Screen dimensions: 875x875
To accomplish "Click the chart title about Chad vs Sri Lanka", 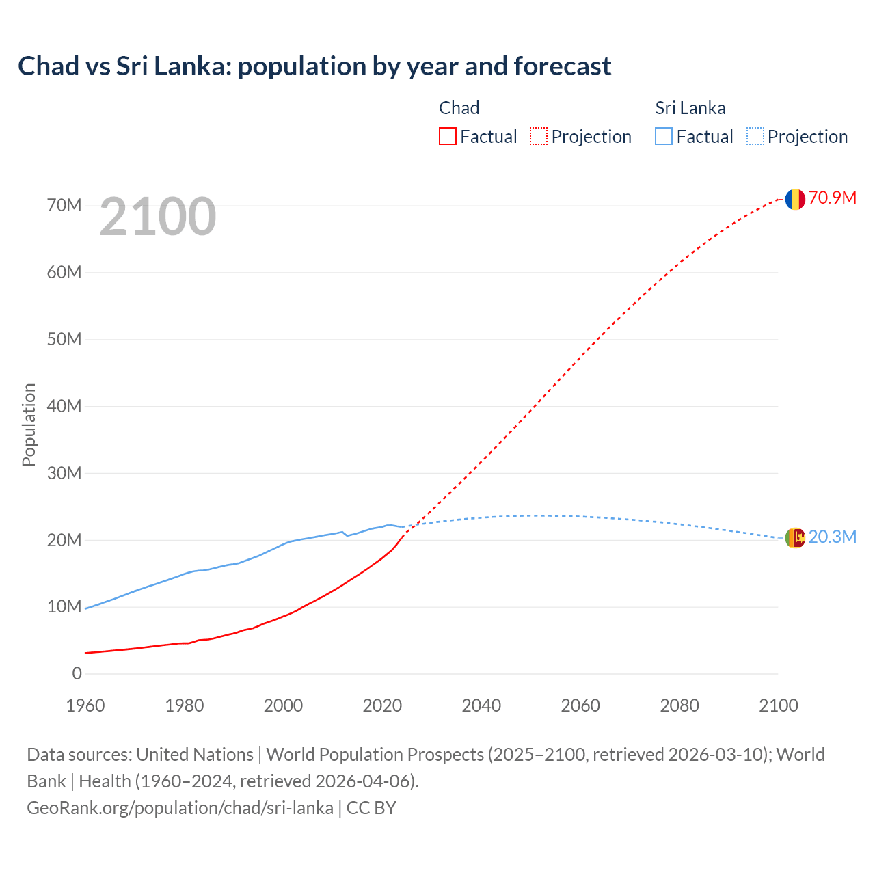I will pyautogui.click(x=314, y=66).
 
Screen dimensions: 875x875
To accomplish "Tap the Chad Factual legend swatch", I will pyautogui.click(x=447, y=136).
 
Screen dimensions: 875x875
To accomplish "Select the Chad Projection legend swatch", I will pyautogui.click(x=539, y=136).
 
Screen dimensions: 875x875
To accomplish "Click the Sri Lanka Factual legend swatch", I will pyautogui.click(x=663, y=136).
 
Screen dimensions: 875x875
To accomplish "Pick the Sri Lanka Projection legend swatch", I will pyautogui.click(x=755, y=136).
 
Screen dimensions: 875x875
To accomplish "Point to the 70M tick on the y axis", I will pyautogui.click(x=64, y=205).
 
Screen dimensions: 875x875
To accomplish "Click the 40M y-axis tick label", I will pyautogui.click(x=64, y=406).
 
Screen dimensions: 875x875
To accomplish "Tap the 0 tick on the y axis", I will pyautogui.click(x=77, y=673).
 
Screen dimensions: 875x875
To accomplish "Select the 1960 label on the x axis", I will pyautogui.click(x=85, y=705).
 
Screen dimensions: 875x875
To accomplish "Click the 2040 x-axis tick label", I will pyautogui.click(x=481, y=705).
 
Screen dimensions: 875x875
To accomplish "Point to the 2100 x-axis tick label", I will pyautogui.click(x=778, y=705).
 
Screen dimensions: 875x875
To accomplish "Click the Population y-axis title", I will pyautogui.click(x=29, y=425).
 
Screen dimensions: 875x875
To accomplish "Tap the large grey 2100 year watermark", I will pyautogui.click(x=158, y=217).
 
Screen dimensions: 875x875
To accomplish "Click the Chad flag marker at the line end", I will pyautogui.click(x=794, y=199).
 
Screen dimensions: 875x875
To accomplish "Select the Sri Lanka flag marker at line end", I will pyautogui.click(x=794, y=538).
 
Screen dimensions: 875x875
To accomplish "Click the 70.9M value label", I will pyautogui.click(x=832, y=198).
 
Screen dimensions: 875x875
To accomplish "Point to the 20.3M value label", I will pyautogui.click(x=832, y=537).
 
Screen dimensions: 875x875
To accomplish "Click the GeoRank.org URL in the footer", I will pyautogui.click(x=180, y=807).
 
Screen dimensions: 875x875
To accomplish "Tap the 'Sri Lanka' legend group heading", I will pyautogui.click(x=690, y=108).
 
